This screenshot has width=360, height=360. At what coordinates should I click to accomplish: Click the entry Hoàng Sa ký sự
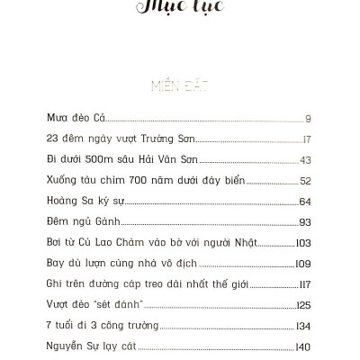84,202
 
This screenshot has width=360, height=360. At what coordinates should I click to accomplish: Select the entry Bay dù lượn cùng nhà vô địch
125,264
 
